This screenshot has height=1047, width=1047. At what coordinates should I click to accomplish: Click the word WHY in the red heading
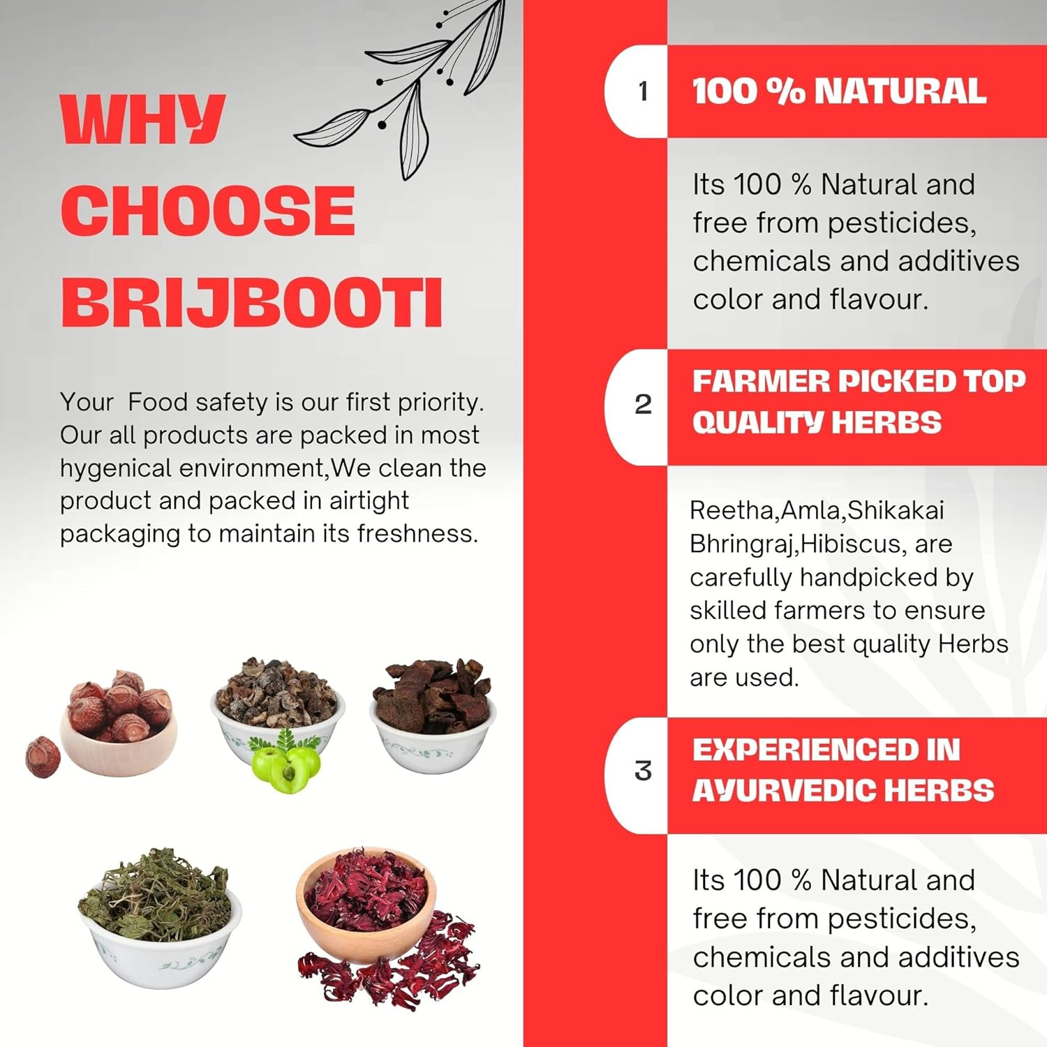click(x=142, y=119)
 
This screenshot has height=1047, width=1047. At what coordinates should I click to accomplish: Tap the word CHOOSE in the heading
click(x=208, y=211)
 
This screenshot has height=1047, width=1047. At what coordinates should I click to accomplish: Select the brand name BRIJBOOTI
click(x=252, y=302)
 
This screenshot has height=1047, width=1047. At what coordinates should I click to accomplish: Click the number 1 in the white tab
click(x=643, y=91)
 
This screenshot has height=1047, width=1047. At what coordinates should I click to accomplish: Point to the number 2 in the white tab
click(x=643, y=404)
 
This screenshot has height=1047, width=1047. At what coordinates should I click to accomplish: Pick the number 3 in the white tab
click(x=643, y=771)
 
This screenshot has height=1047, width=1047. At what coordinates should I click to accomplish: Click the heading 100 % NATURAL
click(x=839, y=91)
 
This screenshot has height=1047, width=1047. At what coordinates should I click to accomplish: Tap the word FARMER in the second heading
click(x=760, y=381)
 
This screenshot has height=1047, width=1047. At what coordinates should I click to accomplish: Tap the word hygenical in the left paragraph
click(x=114, y=468)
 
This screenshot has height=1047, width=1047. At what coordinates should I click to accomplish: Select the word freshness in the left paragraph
click(x=417, y=534)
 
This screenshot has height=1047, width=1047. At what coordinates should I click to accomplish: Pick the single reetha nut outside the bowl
click(x=43, y=757)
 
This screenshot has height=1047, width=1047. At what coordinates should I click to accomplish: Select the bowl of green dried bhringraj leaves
click(x=160, y=914)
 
